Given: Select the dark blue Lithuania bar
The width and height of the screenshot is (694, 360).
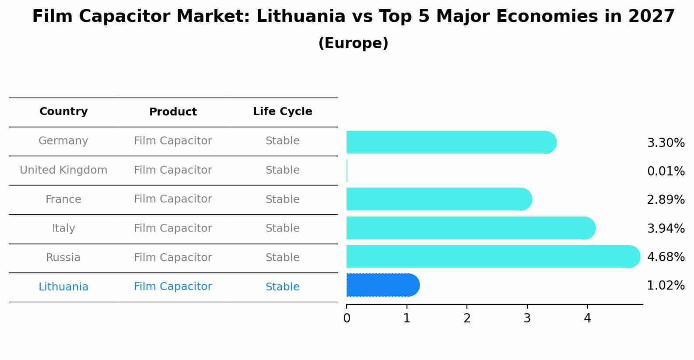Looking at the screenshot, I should pos(382,285).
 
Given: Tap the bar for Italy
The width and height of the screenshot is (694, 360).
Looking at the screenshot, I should pos(470,228).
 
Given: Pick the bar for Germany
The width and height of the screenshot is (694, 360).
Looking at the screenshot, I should pos(451,142).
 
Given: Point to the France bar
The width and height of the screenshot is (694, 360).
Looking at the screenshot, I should pos(438,199).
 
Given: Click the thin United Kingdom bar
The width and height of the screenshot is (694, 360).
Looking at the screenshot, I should pos(347,171).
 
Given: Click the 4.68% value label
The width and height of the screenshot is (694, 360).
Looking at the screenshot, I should pos(666,257).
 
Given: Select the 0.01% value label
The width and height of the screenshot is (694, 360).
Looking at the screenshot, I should pos(666,171).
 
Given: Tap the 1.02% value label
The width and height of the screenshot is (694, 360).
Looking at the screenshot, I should pos(666,286).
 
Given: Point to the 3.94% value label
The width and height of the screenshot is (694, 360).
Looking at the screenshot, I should pos(666,228).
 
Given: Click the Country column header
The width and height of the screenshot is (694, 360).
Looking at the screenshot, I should pos(63,112).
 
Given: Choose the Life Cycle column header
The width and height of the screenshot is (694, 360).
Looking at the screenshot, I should pos(282,112).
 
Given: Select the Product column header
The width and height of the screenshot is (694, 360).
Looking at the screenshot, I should pos(173,112).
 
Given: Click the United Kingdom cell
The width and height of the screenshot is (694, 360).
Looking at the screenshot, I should pos(63,170).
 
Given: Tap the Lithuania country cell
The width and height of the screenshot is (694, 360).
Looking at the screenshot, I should pos(63,287).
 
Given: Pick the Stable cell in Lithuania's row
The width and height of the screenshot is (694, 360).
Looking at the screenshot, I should pos(282,287).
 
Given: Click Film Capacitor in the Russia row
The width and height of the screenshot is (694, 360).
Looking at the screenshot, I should pos(173,258).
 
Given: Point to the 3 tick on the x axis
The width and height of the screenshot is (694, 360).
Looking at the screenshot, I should pos(527,318).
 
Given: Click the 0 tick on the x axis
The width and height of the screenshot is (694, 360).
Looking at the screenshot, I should pos(347,318).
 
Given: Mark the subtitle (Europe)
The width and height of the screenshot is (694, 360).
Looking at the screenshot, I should pos(353,43).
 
